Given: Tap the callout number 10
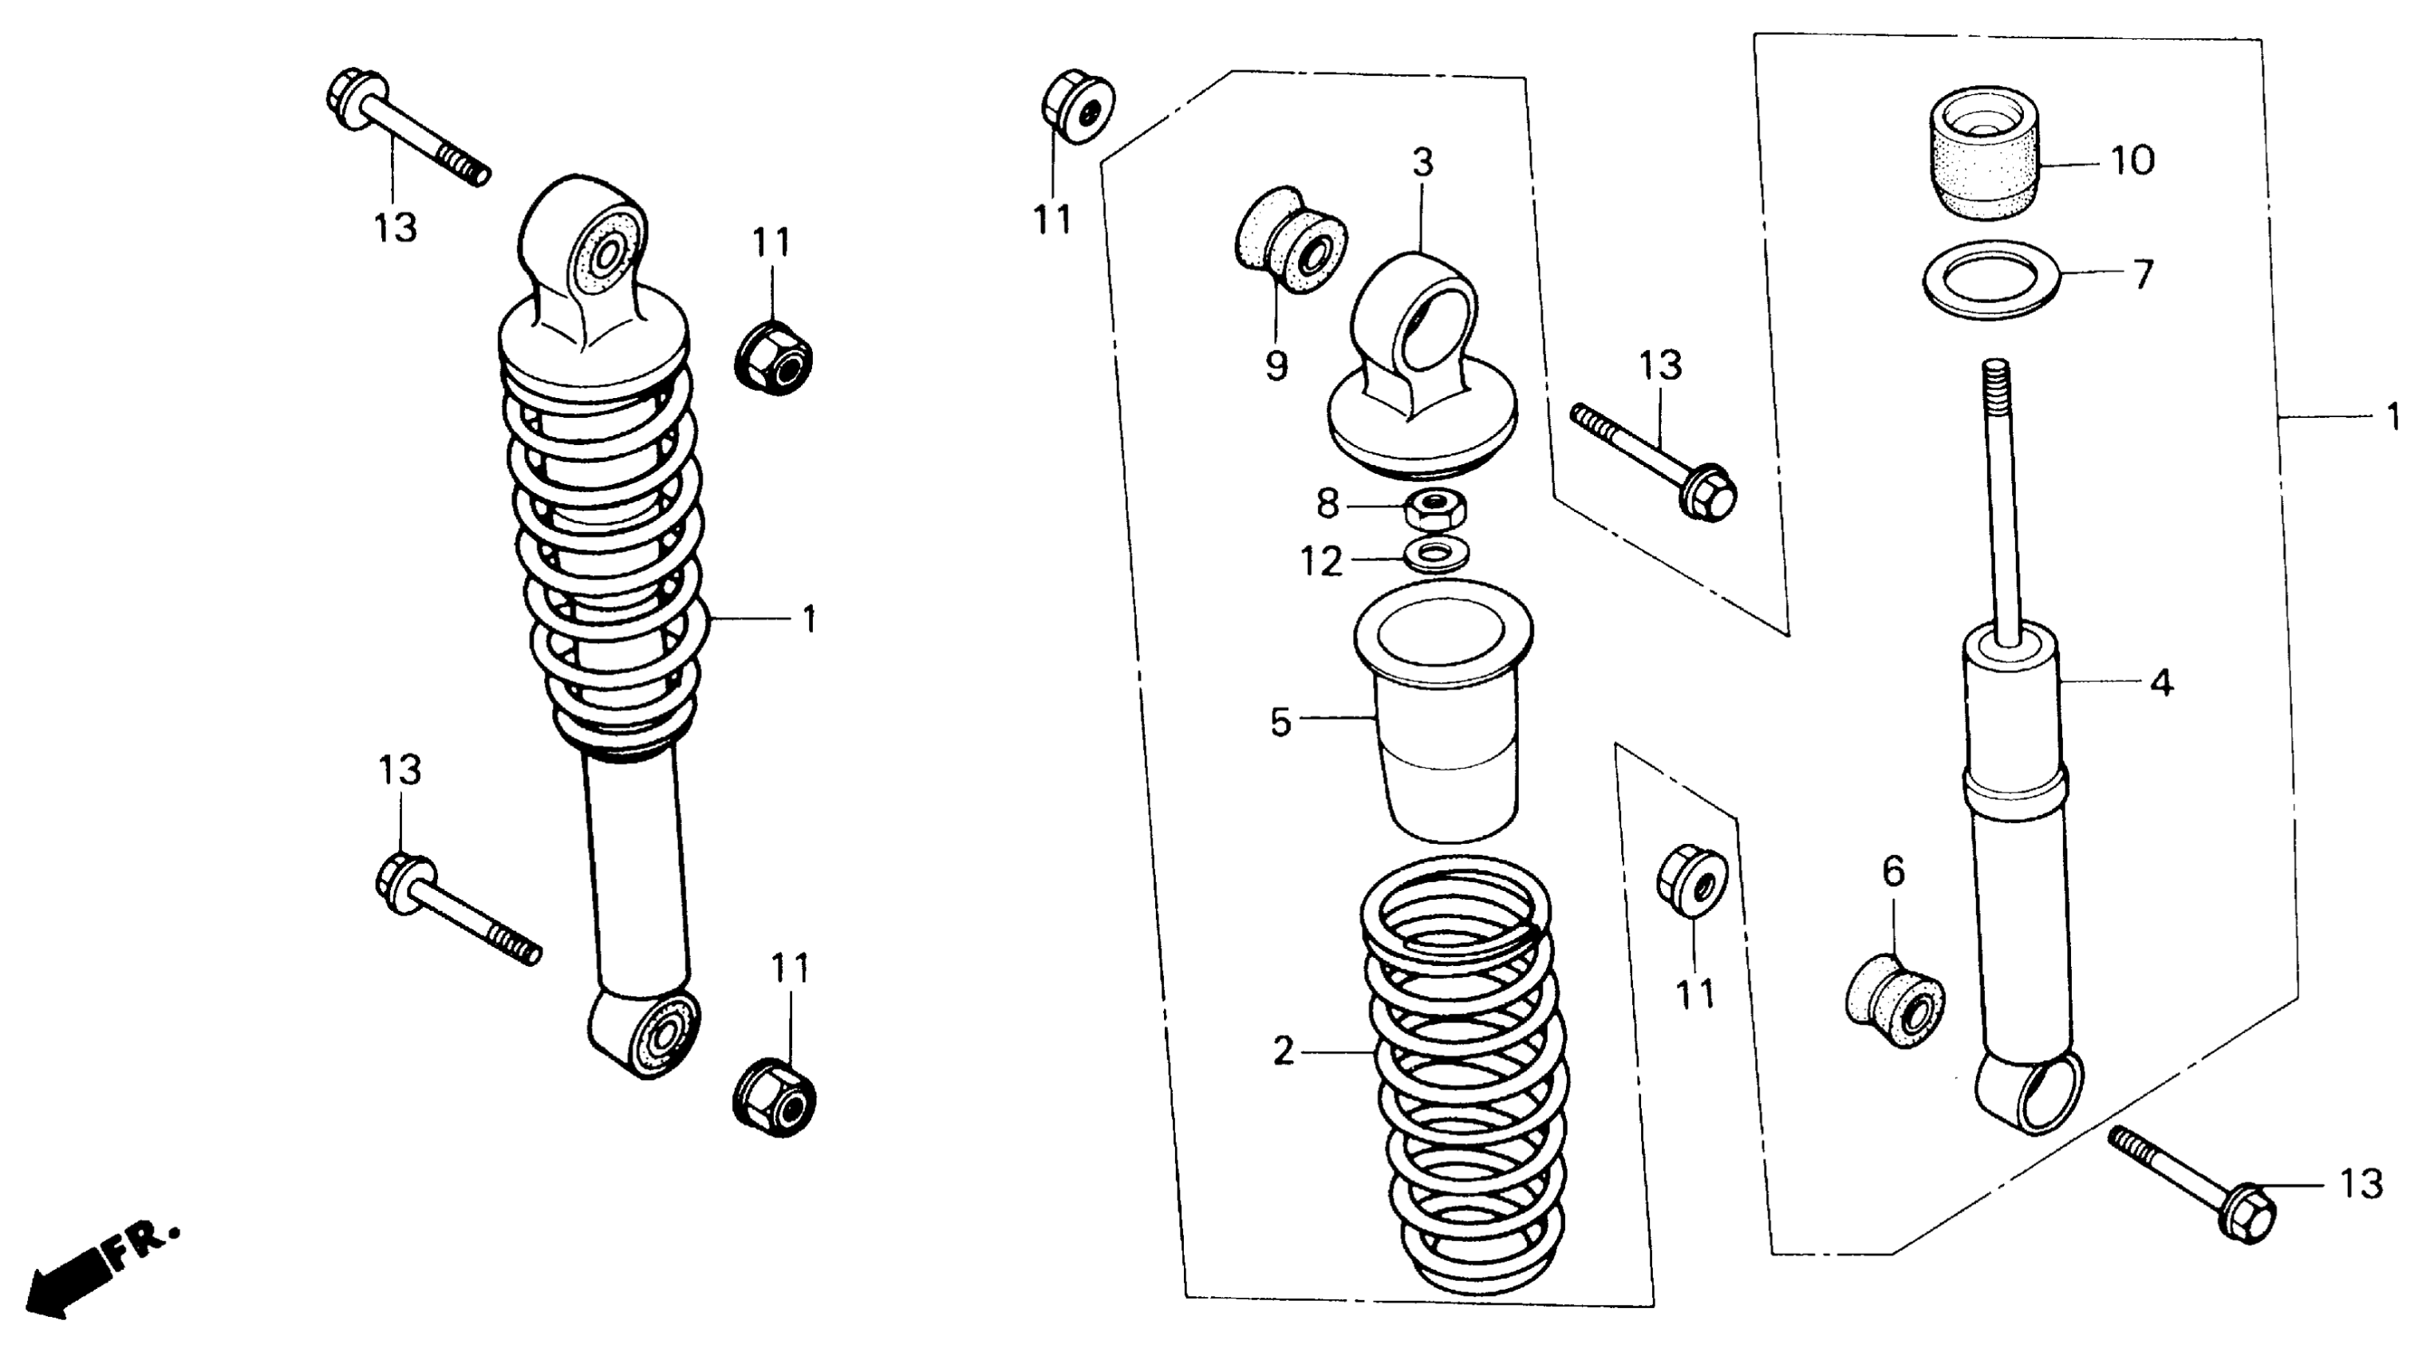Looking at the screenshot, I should (x=2132, y=162).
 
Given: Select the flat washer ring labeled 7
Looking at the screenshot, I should (x=1992, y=281).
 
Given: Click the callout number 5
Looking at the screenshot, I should (x=1280, y=723).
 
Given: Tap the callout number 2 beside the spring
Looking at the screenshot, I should (x=1283, y=1051).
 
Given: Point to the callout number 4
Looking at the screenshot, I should (x=2162, y=682).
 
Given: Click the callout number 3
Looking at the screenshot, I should (x=1423, y=163).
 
